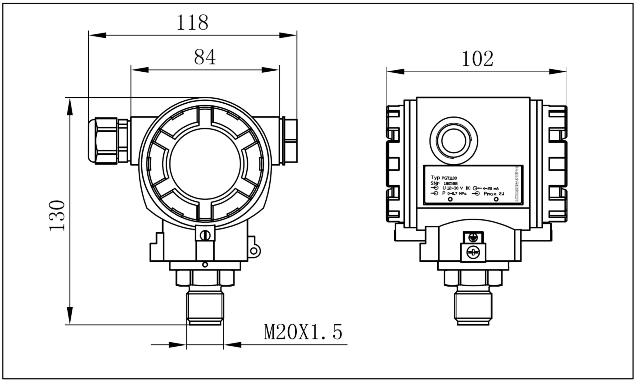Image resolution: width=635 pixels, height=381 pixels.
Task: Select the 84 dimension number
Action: (205, 57)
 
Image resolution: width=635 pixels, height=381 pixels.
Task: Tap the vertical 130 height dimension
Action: (57, 216)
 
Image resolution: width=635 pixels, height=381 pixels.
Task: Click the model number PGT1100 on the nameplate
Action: (449, 178)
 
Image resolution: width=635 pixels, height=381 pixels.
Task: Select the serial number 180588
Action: (451, 184)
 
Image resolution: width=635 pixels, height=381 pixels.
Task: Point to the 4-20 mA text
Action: (490, 189)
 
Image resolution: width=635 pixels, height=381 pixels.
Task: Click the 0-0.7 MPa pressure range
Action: (456, 193)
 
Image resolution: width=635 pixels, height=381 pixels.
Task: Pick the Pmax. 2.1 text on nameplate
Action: (494, 194)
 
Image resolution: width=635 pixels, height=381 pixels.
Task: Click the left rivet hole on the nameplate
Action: (450, 199)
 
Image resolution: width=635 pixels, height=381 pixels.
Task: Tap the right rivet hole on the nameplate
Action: (496, 199)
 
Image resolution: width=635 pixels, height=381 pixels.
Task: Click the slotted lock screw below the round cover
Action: (205, 235)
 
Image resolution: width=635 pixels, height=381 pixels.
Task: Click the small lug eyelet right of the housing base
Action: (254, 251)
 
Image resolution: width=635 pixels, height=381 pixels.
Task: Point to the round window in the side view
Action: (454, 141)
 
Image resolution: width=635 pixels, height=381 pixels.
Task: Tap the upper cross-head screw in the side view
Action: (473, 238)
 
